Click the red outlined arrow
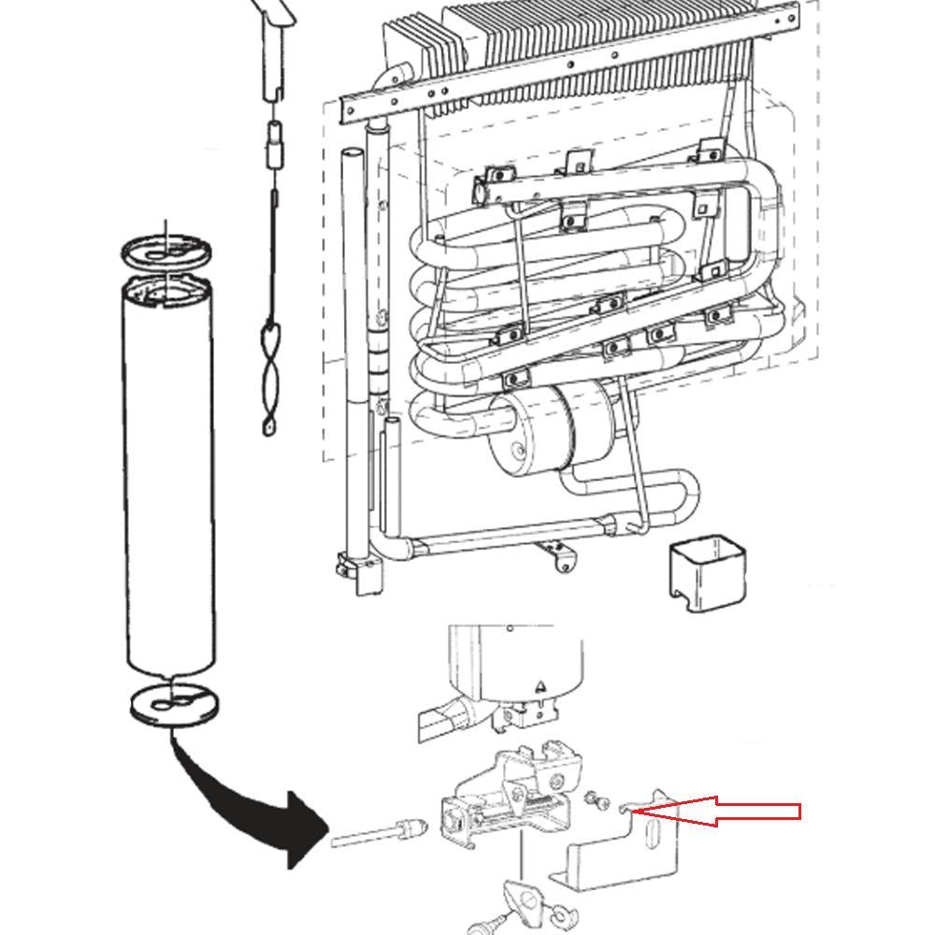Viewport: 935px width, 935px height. pos(729,811)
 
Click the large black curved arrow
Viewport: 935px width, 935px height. pos(252,804)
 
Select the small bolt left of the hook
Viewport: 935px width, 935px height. pos(591,800)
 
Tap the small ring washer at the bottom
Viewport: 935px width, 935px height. pos(562,913)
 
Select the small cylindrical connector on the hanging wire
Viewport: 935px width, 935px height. pos(276,145)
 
